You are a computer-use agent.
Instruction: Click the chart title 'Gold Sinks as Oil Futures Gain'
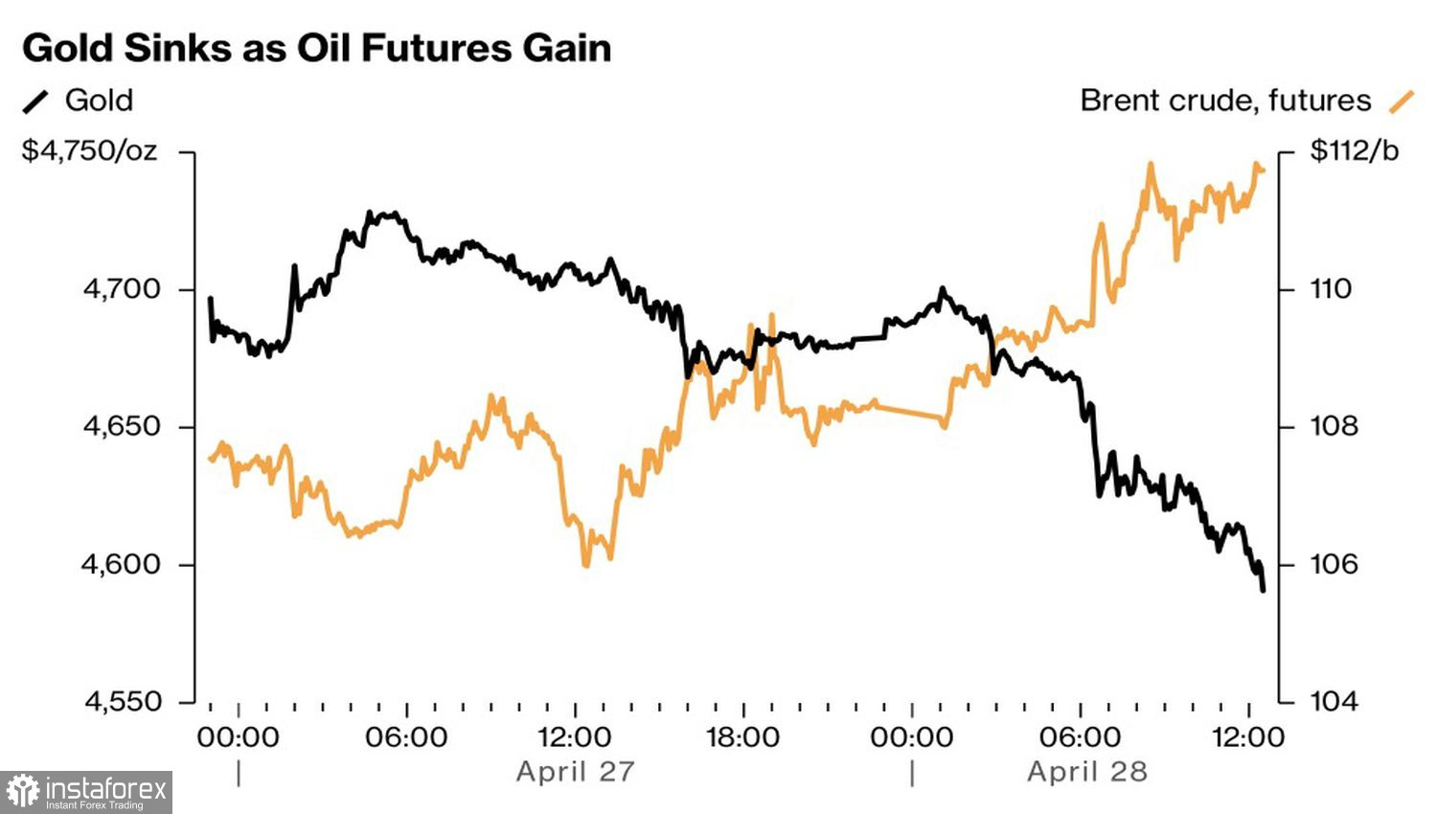[x=316, y=48]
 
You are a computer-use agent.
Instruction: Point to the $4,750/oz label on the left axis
[x=90, y=151]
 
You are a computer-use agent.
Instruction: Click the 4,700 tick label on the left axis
[x=123, y=289]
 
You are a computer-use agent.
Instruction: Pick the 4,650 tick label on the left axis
[x=123, y=426]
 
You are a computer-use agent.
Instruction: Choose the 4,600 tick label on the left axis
[x=123, y=564]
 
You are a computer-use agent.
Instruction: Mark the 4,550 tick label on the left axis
[x=123, y=702]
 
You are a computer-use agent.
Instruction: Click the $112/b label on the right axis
[x=1354, y=151]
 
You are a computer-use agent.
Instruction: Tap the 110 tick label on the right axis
[x=1331, y=289]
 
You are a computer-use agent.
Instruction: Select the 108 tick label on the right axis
[x=1334, y=426]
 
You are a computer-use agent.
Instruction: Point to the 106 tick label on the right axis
[x=1334, y=564]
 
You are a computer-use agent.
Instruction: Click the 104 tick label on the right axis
[x=1334, y=702]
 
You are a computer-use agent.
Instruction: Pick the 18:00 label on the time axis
[x=742, y=737]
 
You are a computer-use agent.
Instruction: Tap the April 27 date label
[x=575, y=772]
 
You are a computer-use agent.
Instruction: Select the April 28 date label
[x=1087, y=772]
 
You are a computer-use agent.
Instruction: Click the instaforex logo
[x=86, y=792]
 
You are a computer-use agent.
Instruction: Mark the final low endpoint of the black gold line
[x=1264, y=591]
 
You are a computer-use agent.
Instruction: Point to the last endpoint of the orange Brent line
[x=1264, y=170]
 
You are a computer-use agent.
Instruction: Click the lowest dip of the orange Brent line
[x=585, y=566]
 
